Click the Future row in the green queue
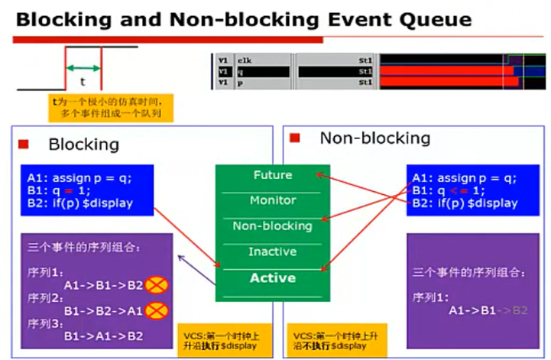[x=272, y=176]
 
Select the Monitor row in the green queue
[x=272, y=201]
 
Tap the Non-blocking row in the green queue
[x=272, y=226]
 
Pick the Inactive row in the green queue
[x=272, y=251]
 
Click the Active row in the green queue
[x=272, y=278]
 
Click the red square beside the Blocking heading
[x=24, y=144]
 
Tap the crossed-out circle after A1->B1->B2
[x=157, y=286]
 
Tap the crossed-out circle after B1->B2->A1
[x=157, y=311]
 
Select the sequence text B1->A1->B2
[x=103, y=336]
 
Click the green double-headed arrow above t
[x=83, y=67]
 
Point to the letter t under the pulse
[x=83, y=79]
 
